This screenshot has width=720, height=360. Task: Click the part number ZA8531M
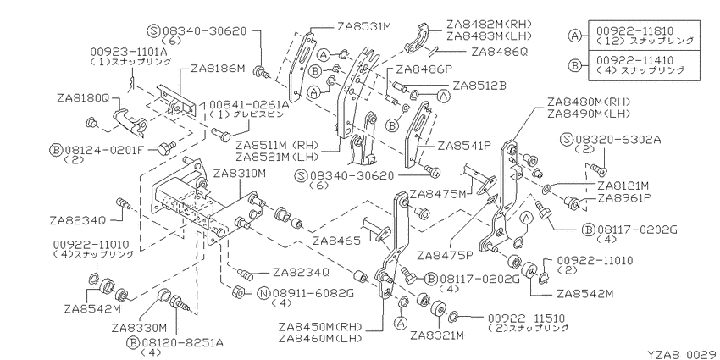tap(364, 26)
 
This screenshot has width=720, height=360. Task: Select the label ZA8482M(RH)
tap(489, 25)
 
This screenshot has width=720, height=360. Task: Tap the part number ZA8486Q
tap(499, 52)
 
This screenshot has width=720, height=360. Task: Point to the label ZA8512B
tap(479, 86)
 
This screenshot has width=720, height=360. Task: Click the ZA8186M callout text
tap(218, 69)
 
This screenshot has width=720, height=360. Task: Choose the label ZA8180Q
tap(84, 97)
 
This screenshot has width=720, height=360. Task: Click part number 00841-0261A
tap(249, 105)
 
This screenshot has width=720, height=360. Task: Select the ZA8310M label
tap(240, 174)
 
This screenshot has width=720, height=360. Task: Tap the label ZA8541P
tap(464, 146)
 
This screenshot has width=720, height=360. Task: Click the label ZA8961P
tap(623, 199)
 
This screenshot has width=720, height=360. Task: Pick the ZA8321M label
tap(437, 335)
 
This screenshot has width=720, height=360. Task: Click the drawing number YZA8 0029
tap(683, 354)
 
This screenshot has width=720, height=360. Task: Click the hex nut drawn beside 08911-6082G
tap(238, 291)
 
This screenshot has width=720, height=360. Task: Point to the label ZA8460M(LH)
tap(320, 339)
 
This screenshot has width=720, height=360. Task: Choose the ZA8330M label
tap(138, 328)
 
